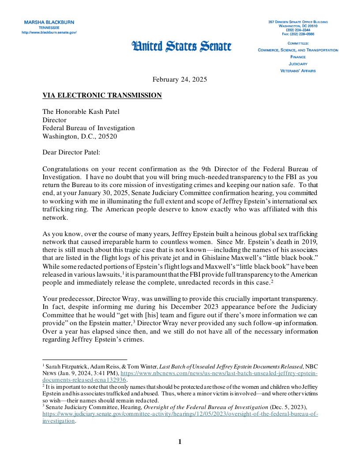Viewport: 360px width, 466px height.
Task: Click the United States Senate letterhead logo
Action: tap(181, 46)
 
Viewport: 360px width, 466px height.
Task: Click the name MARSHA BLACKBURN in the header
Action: tap(49, 22)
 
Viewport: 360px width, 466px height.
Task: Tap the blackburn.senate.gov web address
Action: tap(49, 32)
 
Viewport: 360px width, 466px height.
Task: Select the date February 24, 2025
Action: tap(180, 79)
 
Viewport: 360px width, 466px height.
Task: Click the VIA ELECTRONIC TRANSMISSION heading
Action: tap(102, 95)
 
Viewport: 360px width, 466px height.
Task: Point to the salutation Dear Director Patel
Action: tap(71, 152)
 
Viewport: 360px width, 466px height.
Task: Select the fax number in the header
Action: tap(298, 34)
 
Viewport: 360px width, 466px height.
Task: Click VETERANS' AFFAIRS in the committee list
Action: tap(298, 71)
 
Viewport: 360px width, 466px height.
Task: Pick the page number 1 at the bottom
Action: tap(180, 442)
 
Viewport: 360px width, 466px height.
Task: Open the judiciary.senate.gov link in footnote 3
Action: tap(180, 414)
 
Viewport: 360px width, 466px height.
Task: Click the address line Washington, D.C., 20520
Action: tap(80, 136)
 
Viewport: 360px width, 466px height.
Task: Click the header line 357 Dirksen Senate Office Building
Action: tap(298, 22)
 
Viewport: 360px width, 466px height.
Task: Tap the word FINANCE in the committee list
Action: tap(298, 57)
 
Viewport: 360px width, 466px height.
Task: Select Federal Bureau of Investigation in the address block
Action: tap(89, 128)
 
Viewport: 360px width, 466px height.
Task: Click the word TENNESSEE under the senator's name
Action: tap(49, 27)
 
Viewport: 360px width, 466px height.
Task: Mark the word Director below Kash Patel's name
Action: tap(54, 120)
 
